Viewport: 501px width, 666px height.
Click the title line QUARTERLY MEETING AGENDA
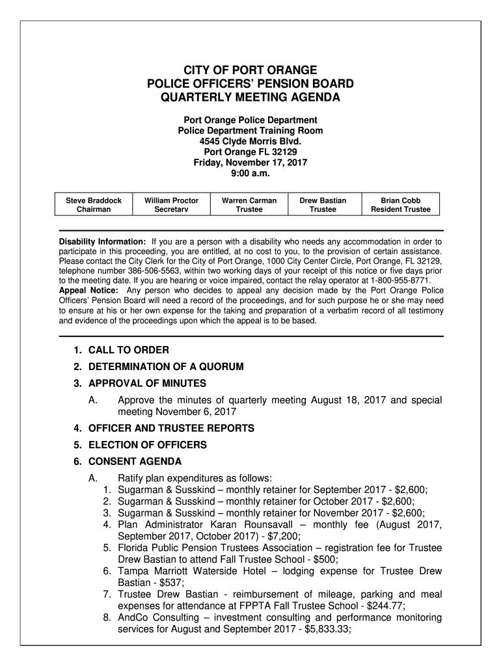pos(251,98)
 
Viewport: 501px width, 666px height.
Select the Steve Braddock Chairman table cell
pos(94,205)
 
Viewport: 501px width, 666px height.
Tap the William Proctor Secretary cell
pos(171,205)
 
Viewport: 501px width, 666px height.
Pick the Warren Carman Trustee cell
pos(249,205)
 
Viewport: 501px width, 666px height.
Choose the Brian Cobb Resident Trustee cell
pos(400,205)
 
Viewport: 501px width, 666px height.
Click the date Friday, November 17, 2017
pos(251,163)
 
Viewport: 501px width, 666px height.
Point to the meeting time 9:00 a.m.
pos(251,174)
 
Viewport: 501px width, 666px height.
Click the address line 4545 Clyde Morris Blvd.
pos(251,141)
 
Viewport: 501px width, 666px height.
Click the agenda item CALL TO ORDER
pos(129,351)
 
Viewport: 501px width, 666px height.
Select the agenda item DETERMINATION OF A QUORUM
pos(166,367)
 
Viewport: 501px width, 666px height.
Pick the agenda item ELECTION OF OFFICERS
pos(148,445)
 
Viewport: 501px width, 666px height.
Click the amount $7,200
pos(284,537)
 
